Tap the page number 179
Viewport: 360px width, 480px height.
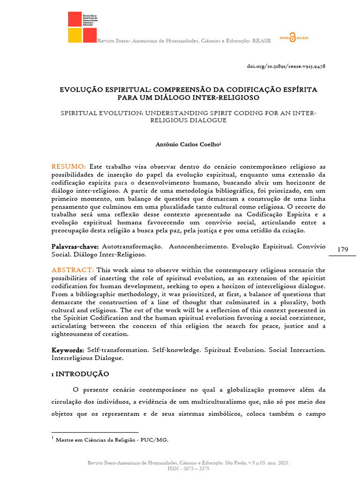[343, 249]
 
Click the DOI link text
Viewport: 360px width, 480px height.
[286, 66]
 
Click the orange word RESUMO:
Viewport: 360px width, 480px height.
[68, 167]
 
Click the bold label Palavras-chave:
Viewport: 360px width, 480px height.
[75, 247]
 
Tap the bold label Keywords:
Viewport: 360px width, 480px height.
[67, 350]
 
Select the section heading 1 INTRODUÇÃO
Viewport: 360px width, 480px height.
[80, 374]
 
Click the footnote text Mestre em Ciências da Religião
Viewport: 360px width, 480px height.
[112, 440]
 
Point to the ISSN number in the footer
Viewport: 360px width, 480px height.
[188, 468]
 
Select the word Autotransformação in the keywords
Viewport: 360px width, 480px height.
[132, 247]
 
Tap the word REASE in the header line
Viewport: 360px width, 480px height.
[262, 41]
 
